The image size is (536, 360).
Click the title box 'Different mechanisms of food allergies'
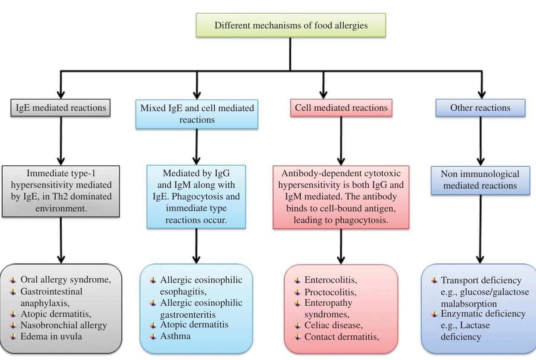tap(291, 25)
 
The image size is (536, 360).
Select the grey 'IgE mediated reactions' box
tap(61, 108)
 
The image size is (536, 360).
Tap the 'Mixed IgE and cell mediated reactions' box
tap(197, 114)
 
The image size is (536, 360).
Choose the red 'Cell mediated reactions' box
tap(341, 108)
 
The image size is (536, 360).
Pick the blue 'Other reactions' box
tap(480, 108)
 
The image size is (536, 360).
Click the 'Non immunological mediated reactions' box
tap(480, 180)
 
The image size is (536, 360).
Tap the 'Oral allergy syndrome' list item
tap(65, 280)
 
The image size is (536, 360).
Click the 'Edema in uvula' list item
tap(51, 336)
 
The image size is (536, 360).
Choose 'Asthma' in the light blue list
tap(175, 336)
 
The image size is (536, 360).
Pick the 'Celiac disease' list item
tap(333, 325)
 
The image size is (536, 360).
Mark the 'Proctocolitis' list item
tap(330, 292)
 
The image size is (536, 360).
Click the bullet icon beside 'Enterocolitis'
tap(297, 280)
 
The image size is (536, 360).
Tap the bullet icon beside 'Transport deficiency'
tap(434, 280)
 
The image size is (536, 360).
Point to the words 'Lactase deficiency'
tap(465, 331)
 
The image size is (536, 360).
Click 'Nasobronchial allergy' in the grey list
tap(64, 325)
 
